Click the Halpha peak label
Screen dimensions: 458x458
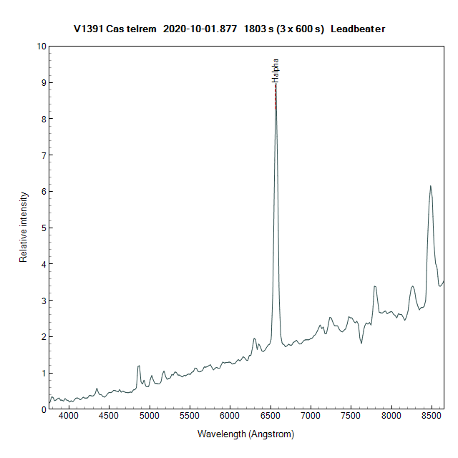[276, 70]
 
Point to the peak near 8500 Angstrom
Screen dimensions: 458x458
[430, 186]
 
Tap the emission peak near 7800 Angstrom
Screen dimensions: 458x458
[374, 287]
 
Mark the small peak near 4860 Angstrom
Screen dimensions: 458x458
[139, 366]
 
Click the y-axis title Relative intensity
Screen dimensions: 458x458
[24, 227]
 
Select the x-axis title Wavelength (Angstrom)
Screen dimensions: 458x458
[245, 434]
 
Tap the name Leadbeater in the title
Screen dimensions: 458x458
[358, 29]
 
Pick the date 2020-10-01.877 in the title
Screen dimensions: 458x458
[200, 29]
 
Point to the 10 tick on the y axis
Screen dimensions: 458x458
[41, 46]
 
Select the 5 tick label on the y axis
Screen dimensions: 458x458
[43, 228]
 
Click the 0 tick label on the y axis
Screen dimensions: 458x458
[43, 409]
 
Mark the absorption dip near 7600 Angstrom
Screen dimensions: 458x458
[361, 343]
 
